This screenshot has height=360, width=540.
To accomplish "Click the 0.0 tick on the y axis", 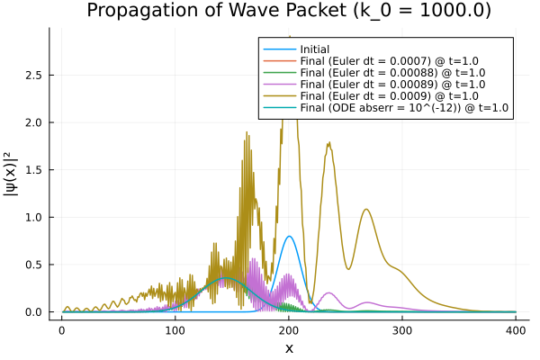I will click(34, 312).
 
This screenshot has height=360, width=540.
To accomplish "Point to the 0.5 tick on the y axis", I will click(34, 265).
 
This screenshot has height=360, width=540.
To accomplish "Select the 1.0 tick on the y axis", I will click(34, 217).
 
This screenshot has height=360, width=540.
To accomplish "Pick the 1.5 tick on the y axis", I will click(34, 169).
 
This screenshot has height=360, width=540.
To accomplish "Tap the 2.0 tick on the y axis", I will click(34, 122).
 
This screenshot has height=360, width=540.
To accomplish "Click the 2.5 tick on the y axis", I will click(34, 75).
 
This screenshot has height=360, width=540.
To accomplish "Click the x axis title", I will click(289, 348).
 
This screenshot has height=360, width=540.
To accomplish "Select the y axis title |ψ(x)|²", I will click(12, 180).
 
